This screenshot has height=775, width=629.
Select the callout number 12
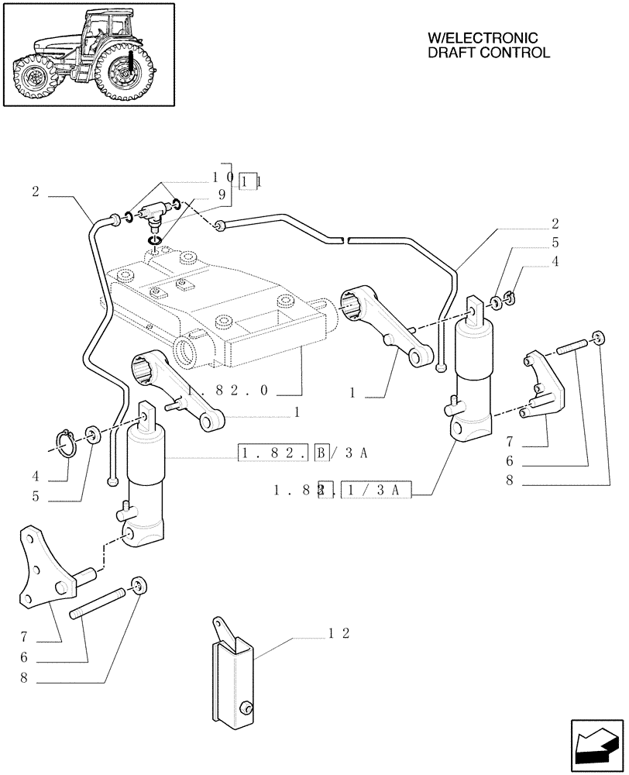339,633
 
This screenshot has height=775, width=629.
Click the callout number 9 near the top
222,197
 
